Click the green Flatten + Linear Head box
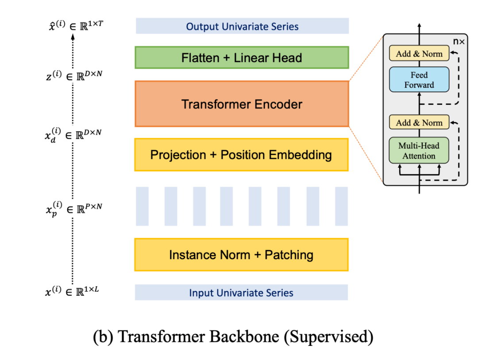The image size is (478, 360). pyautogui.click(x=242, y=58)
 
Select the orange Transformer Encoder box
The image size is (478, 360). pyautogui.click(x=242, y=104)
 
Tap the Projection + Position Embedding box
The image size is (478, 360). pyautogui.click(x=242, y=155)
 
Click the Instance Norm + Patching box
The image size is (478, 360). pyautogui.click(x=242, y=255)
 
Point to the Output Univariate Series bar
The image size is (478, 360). pyautogui.click(x=242, y=26)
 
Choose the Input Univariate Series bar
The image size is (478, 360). pyautogui.click(x=241, y=293)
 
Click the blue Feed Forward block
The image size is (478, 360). pyautogui.click(x=419, y=80)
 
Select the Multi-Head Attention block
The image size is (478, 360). pyautogui.click(x=419, y=151)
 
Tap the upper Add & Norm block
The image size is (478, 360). pyautogui.click(x=419, y=54)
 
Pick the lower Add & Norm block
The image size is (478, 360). pyautogui.click(x=419, y=122)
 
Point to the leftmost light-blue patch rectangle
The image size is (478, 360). pyautogui.click(x=142, y=206)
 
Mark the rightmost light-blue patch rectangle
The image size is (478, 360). pyautogui.click(x=341, y=206)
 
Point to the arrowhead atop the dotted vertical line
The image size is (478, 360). pyautogui.click(x=73, y=37)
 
